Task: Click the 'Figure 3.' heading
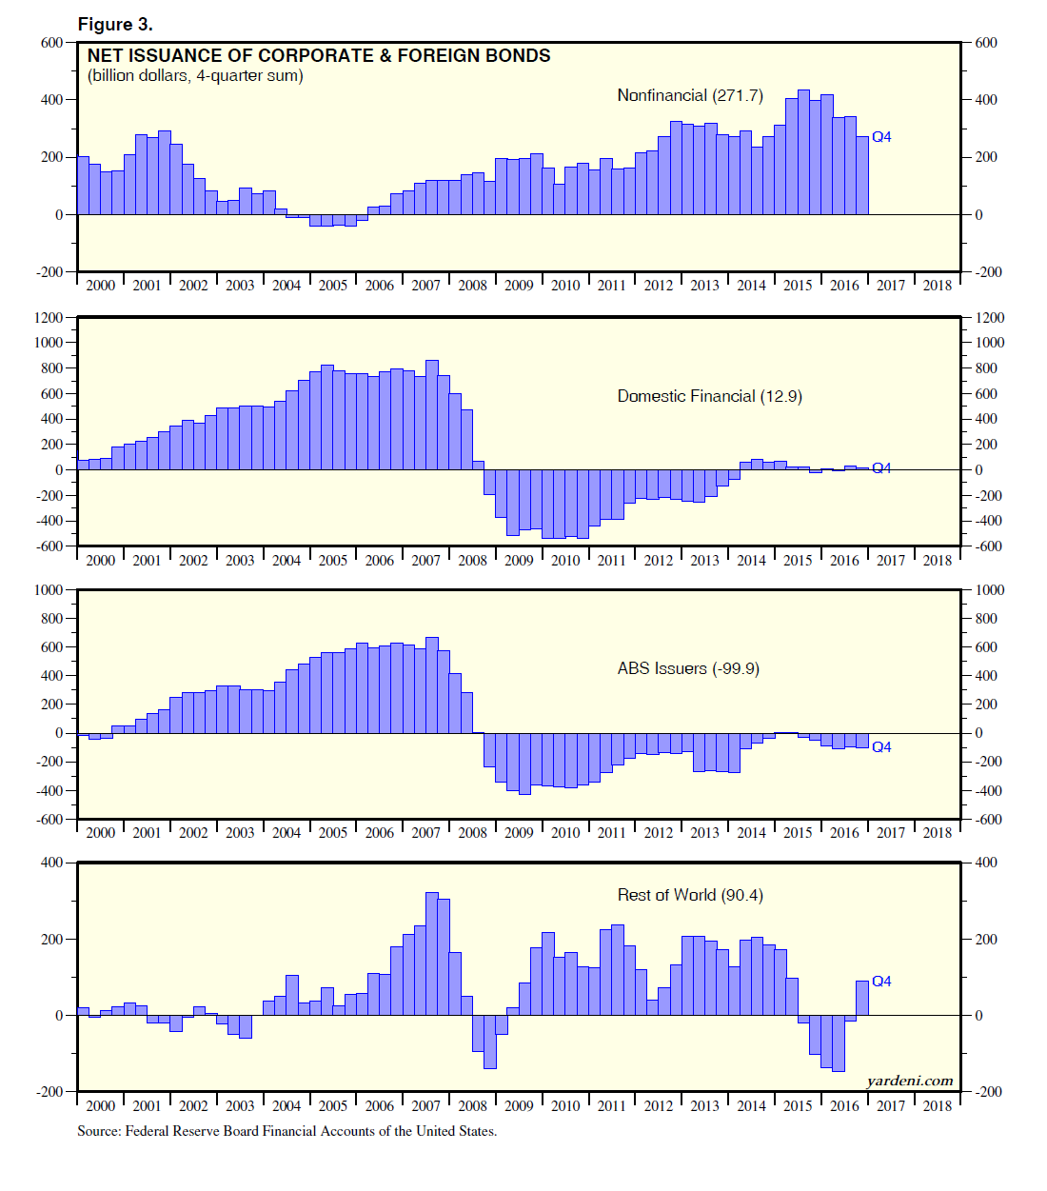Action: click(115, 25)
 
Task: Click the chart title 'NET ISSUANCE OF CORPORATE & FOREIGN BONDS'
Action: click(319, 56)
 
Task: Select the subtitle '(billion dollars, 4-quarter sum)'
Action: click(195, 76)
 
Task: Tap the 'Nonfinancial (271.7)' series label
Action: click(690, 95)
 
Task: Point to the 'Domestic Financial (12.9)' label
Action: click(709, 396)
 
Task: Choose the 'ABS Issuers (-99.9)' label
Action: click(688, 668)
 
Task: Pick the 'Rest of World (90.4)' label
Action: click(690, 895)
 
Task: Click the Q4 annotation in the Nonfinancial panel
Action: click(881, 137)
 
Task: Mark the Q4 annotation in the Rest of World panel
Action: click(881, 982)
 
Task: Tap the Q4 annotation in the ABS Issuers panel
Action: click(881, 747)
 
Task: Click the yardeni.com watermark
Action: click(910, 1081)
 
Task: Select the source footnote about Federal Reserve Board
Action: click(286, 1131)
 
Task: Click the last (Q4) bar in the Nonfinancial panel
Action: click(862, 175)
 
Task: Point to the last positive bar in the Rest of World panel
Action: click(862, 998)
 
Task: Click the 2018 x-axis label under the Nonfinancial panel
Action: click(938, 286)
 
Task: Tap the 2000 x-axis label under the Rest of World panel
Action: click(100, 1106)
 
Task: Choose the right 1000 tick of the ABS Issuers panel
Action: click(990, 590)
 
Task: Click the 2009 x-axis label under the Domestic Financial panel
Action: click(519, 561)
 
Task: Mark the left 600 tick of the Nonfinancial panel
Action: click(51, 43)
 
